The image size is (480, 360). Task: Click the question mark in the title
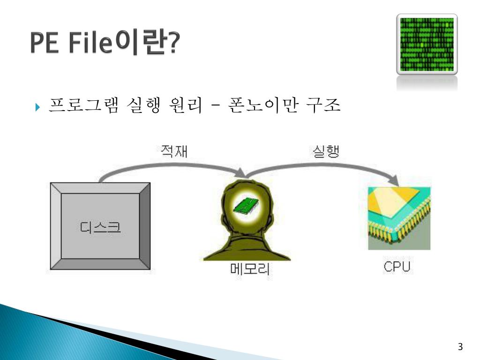(x=174, y=44)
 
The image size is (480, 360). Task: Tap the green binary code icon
(x=427, y=45)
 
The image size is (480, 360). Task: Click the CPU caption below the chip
(x=397, y=267)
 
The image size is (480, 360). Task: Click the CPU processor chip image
(x=399, y=218)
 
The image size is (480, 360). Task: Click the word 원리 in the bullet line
(x=187, y=105)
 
